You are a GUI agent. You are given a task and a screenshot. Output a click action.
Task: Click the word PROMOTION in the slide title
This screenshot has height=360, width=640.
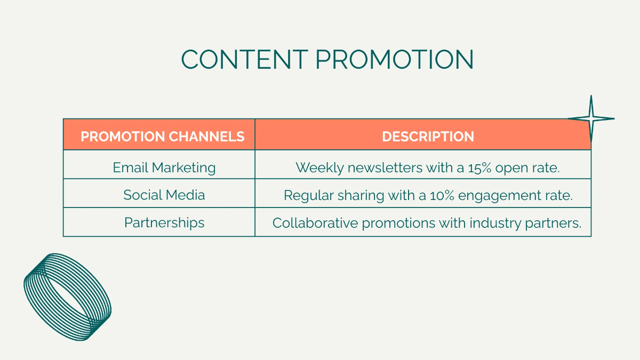tap(394, 59)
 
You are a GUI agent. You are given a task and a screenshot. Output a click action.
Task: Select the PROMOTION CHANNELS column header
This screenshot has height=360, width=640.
tap(162, 137)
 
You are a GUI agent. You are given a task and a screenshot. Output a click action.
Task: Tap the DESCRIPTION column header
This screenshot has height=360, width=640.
tap(428, 137)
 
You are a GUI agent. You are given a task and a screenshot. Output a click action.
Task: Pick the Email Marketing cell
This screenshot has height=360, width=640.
tap(164, 167)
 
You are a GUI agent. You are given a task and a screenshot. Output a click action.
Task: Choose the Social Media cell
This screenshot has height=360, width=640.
tap(164, 195)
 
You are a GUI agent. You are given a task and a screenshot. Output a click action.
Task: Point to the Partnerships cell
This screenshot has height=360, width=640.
tap(164, 222)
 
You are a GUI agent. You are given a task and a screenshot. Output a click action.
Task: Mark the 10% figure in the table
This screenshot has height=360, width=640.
tap(442, 195)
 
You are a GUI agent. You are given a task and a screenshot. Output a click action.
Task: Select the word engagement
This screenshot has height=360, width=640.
tap(501, 196)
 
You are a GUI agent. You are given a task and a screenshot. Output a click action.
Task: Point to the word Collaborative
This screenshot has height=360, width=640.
tap(315, 223)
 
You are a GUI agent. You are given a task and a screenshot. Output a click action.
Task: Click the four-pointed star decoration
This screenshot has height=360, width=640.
tap(591, 118)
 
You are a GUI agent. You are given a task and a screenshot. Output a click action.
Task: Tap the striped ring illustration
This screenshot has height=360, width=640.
tap(68, 296)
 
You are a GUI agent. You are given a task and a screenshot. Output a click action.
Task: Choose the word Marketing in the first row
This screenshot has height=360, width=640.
tap(183, 167)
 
